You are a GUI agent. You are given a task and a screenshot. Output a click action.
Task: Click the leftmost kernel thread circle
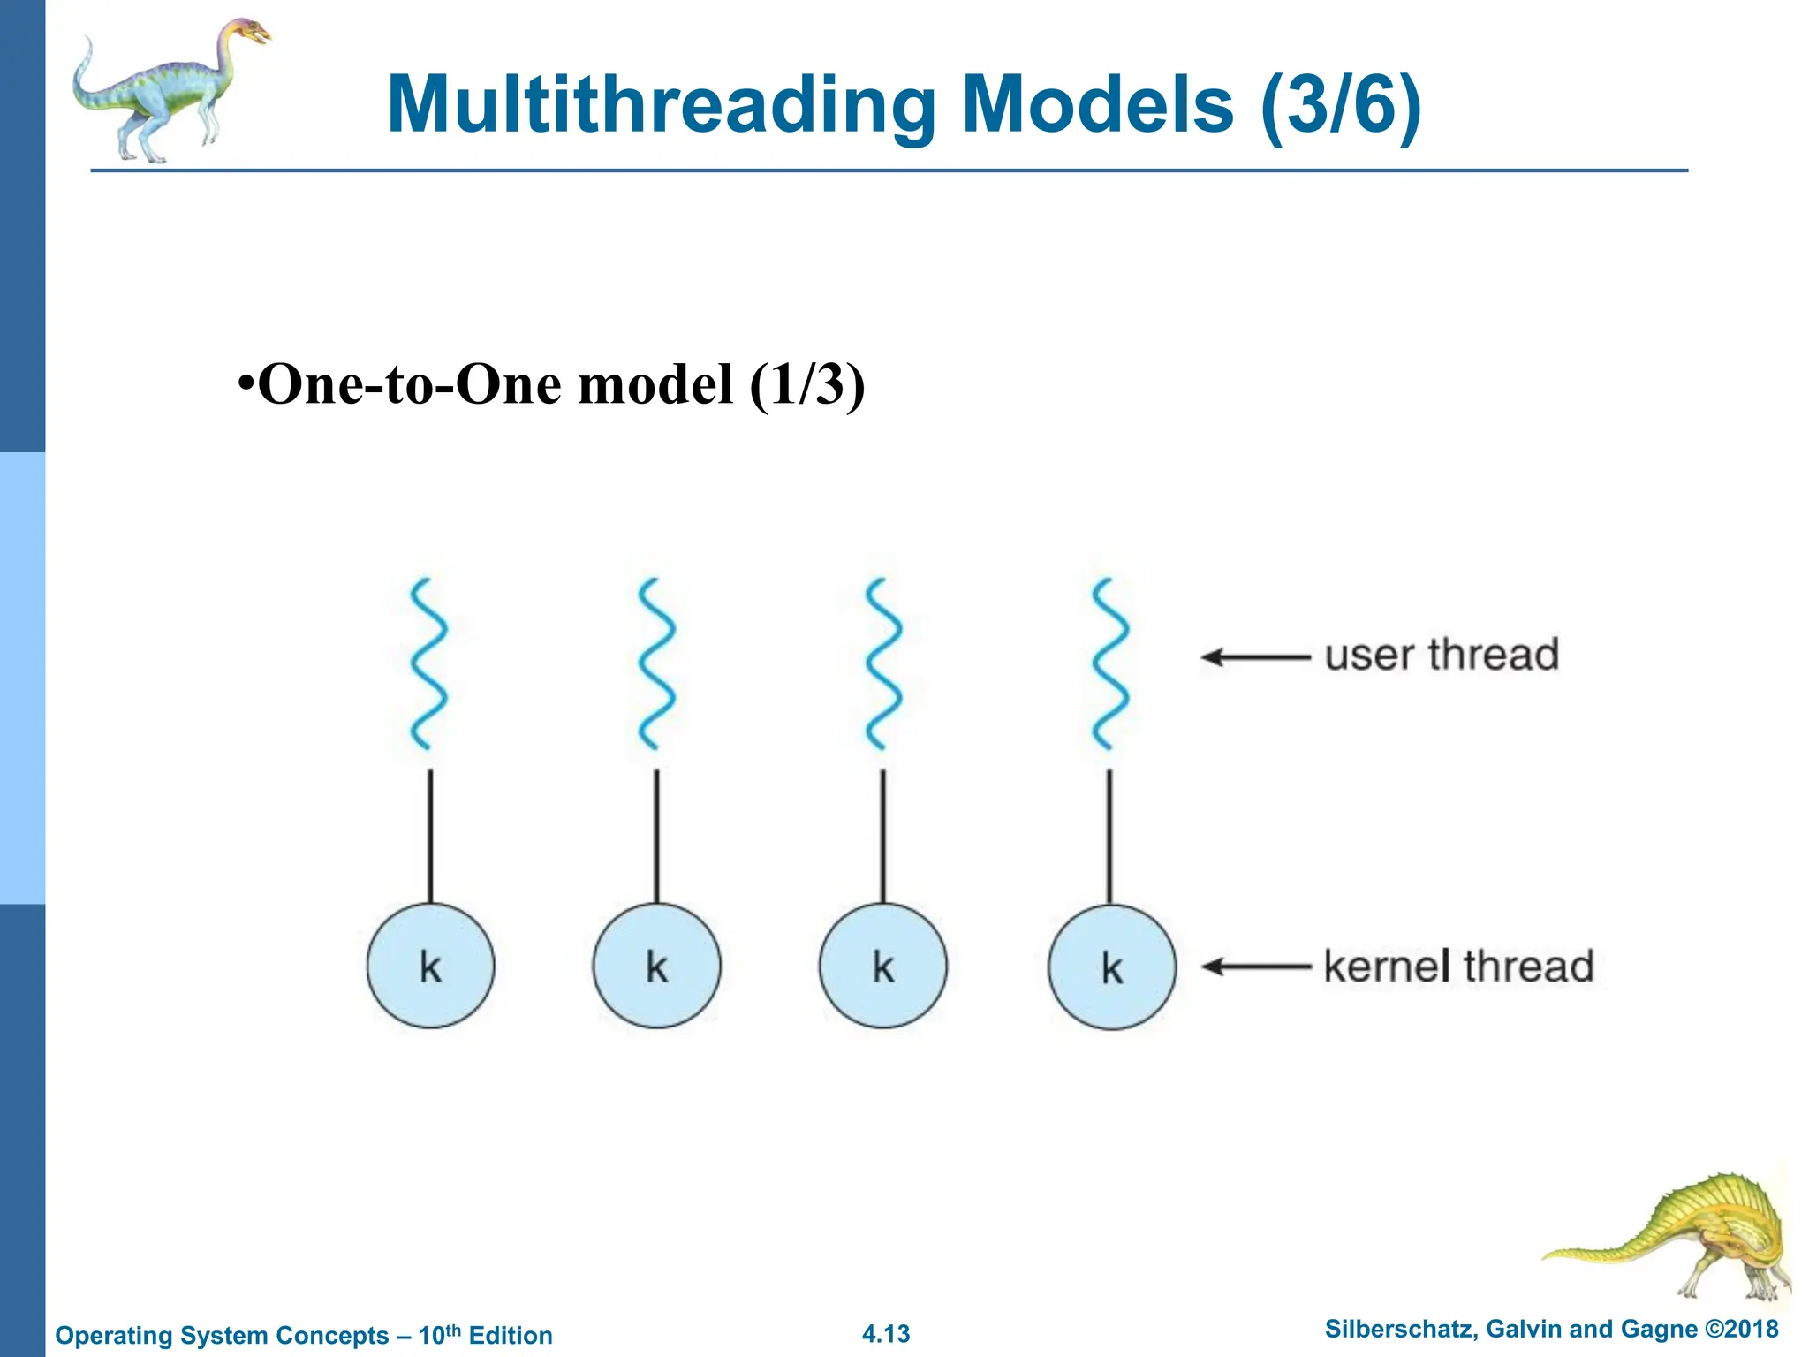[430, 966]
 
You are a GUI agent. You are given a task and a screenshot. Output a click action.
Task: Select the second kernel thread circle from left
[656, 966]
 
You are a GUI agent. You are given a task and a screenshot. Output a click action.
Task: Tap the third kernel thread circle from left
[882, 966]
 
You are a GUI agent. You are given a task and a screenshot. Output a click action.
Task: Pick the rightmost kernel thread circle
[1111, 967]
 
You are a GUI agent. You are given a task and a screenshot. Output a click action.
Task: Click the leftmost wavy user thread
[429, 663]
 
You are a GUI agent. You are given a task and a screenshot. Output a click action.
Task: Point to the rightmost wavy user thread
[1110, 663]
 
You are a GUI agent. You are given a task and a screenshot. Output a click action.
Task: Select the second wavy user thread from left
[656, 663]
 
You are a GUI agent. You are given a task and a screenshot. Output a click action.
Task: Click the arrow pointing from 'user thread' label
[1255, 657]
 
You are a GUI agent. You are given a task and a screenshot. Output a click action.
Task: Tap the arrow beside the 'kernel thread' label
[1255, 967]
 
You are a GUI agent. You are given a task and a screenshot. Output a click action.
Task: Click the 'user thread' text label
[1442, 655]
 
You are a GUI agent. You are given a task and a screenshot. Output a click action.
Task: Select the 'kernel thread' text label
[1458, 966]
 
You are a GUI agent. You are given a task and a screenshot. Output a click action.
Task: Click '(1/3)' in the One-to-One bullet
[806, 384]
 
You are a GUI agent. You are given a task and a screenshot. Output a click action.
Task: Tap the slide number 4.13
[886, 1334]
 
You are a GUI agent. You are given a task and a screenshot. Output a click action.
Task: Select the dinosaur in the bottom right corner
[1678, 1237]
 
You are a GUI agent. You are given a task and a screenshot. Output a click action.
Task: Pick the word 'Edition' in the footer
[511, 1335]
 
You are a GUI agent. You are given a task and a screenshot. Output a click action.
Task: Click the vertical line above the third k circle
[882, 835]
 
